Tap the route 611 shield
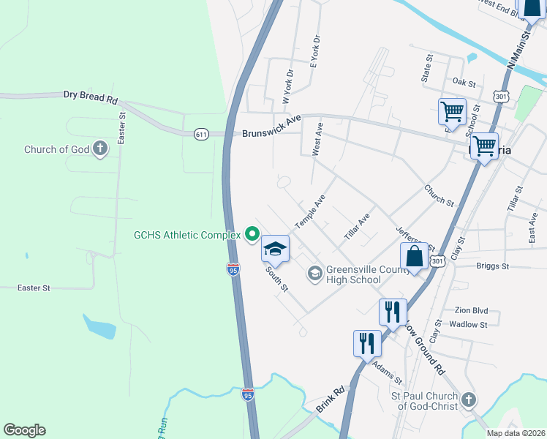point(202,134)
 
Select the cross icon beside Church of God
point(100,150)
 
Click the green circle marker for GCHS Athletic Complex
point(252,235)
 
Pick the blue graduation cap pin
point(275,250)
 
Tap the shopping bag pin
point(414,257)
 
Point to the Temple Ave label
point(310,212)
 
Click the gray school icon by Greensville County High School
point(315,274)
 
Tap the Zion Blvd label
point(471,310)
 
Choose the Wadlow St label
point(468,324)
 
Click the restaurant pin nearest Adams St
point(366,342)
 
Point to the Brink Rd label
point(330,400)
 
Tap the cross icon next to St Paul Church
point(469,400)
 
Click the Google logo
point(24,430)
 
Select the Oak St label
point(464,82)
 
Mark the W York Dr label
point(287,84)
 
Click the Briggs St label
point(491,266)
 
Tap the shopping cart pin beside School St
point(452,112)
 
